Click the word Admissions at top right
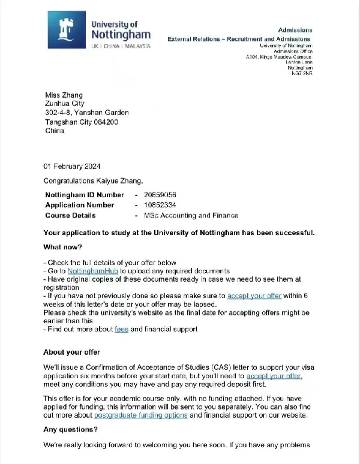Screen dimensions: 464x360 (295, 30)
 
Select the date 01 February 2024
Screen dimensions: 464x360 (72, 166)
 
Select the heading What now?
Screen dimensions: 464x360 (62, 247)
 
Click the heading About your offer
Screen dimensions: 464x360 (71, 352)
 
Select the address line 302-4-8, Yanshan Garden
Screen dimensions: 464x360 (86, 113)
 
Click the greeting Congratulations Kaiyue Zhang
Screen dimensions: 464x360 (94, 180)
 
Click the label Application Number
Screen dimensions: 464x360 (80, 205)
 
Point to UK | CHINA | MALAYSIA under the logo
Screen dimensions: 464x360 (121, 46)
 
